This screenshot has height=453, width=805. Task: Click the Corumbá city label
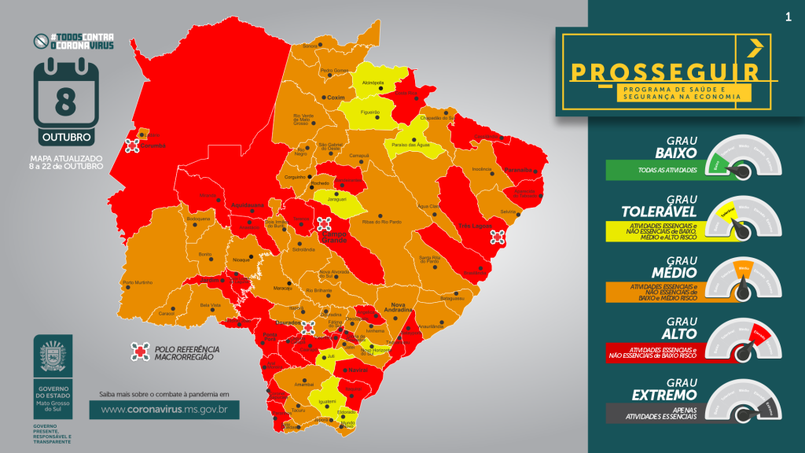(152, 145)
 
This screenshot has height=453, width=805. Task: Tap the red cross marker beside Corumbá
(132, 145)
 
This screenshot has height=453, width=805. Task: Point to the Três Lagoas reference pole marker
(497, 237)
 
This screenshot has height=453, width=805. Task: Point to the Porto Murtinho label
(138, 282)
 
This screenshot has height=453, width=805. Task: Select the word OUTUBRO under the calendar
(66, 137)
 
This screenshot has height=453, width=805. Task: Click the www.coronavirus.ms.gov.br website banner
(164, 409)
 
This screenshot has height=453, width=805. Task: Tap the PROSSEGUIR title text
(664, 72)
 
